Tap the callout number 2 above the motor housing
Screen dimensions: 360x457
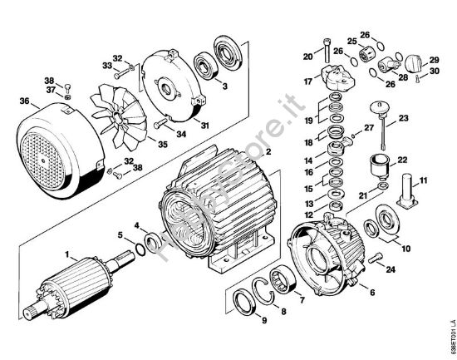click(x=268, y=153)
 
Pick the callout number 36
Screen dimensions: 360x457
click(x=23, y=102)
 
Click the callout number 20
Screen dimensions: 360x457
click(x=308, y=57)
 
